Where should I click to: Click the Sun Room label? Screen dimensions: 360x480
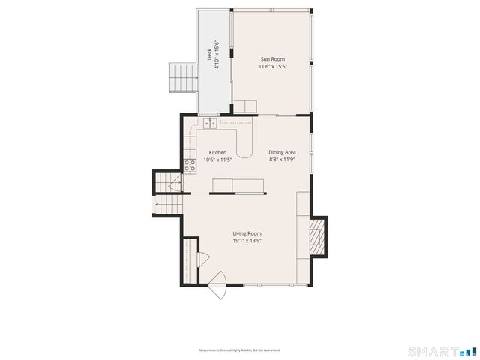click(x=272, y=59)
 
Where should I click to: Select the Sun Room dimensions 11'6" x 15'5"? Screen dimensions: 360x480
click(x=272, y=67)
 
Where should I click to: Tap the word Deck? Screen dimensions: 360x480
click(x=210, y=55)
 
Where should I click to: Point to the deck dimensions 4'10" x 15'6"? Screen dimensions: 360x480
click(x=217, y=55)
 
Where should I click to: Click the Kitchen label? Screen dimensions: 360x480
click(x=217, y=152)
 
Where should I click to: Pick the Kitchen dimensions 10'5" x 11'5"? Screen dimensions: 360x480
click(x=217, y=160)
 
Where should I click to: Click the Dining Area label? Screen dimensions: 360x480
click(x=283, y=152)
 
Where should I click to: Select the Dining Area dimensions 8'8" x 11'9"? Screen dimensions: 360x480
click(x=283, y=160)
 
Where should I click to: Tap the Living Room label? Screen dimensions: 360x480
click(x=246, y=233)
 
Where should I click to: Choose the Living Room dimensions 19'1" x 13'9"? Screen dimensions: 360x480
click(x=246, y=241)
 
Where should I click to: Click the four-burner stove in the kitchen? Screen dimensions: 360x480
click(x=190, y=166)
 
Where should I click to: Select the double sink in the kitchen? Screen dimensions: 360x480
click(x=208, y=123)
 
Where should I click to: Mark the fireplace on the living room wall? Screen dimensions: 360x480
click(x=319, y=235)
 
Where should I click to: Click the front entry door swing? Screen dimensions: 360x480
click(x=217, y=286)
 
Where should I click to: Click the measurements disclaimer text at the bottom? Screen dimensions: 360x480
click(x=239, y=350)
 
